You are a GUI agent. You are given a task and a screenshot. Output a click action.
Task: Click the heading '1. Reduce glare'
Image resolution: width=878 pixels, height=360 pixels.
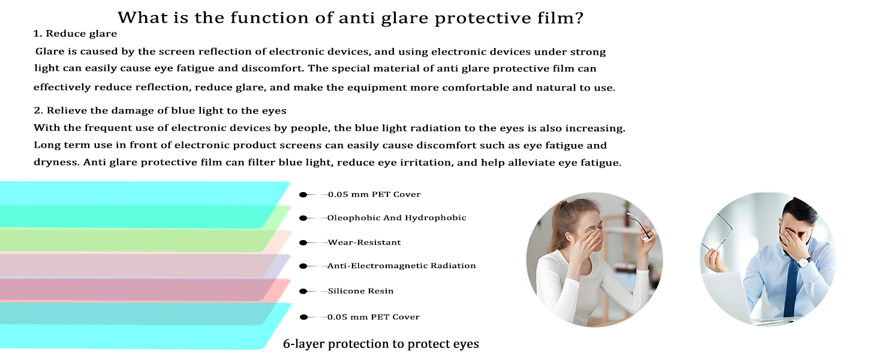75,34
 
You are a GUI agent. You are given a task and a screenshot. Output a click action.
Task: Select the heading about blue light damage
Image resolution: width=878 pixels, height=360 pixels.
160,110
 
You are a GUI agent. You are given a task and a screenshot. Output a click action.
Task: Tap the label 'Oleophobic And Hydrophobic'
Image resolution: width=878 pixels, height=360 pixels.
396,218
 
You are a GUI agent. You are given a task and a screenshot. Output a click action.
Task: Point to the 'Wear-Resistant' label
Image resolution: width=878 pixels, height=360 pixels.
365,242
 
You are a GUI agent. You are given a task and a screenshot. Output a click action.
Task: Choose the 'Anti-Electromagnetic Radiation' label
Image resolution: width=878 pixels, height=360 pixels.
402,265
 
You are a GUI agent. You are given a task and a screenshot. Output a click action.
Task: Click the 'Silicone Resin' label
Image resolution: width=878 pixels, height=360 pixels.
360,291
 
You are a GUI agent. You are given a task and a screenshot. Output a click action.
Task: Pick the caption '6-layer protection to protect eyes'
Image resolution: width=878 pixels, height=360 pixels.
381,344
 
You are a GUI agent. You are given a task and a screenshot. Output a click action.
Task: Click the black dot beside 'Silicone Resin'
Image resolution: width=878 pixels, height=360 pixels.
303,291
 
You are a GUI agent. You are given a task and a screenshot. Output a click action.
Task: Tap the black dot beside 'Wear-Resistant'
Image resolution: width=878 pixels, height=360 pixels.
303,243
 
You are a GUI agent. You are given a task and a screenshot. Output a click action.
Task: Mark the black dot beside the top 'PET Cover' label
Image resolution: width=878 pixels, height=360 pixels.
303,194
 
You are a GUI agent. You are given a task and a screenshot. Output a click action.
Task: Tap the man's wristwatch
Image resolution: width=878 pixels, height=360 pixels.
804,262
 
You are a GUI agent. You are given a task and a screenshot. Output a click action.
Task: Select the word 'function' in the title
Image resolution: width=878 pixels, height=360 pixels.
269,17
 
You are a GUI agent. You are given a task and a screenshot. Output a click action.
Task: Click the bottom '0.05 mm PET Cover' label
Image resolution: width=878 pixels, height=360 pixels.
374,317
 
